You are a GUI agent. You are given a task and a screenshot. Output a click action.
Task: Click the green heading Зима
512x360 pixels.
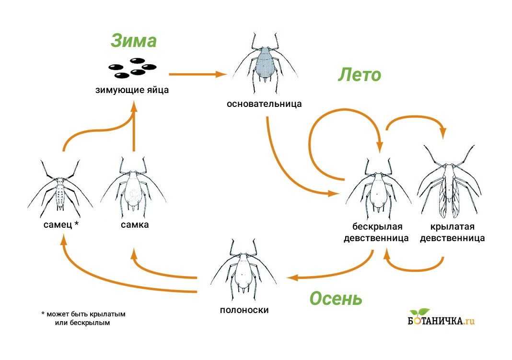(x=134, y=41)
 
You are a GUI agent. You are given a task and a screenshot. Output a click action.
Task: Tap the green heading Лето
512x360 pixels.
(x=359, y=75)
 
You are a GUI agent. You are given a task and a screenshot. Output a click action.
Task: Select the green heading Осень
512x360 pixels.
(x=336, y=298)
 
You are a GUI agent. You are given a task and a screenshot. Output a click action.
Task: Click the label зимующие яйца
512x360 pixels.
(x=132, y=90)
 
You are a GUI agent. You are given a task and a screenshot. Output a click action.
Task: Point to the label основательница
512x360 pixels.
(x=264, y=104)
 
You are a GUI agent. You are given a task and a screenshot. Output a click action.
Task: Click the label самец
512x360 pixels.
(x=58, y=224)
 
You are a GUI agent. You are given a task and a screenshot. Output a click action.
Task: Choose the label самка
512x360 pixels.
(x=135, y=224)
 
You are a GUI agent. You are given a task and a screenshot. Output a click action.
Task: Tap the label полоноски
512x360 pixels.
(x=244, y=310)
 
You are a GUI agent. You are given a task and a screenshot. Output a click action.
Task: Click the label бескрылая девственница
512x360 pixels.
(x=376, y=232)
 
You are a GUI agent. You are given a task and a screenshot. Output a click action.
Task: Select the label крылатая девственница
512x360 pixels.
(x=452, y=232)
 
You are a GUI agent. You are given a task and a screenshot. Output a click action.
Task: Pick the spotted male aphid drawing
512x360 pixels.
(x=60, y=189)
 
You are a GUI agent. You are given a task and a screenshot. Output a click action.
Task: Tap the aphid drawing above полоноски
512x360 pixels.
(x=244, y=270)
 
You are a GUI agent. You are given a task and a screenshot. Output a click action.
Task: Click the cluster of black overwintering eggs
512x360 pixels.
(x=132, y=68)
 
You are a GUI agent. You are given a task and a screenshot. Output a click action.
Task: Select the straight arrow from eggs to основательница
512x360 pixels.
(x=198, y=74)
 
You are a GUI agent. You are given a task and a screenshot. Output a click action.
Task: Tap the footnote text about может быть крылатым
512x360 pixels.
(x=83, y=319)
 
